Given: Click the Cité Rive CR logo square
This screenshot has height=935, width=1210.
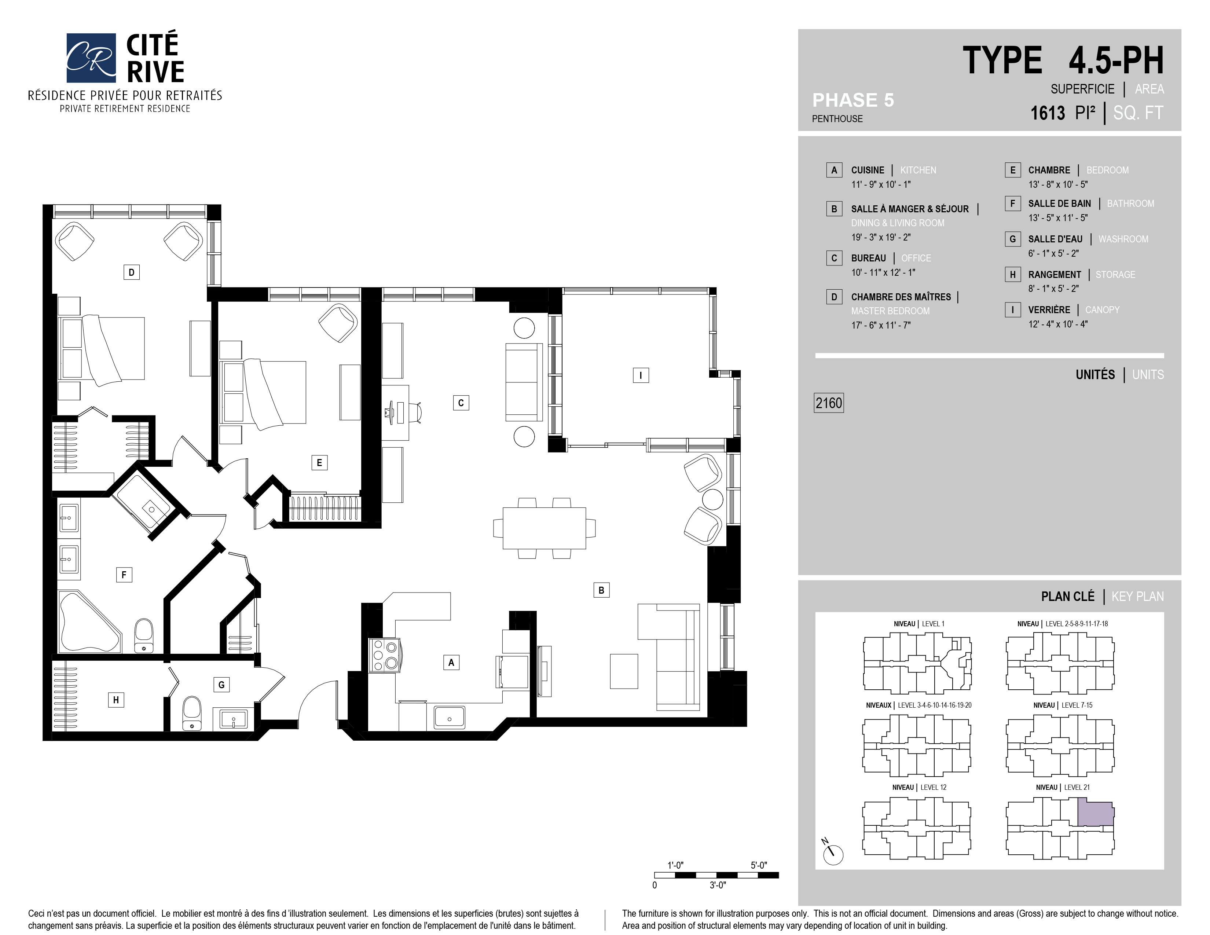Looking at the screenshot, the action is point(91,58).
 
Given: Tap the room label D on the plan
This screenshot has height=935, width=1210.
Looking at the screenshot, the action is point(131,272).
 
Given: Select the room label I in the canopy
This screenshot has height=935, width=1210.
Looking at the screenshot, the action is point(641,375).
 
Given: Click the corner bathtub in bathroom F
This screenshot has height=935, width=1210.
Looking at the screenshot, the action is point(89,621).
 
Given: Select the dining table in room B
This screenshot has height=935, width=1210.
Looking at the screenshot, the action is point(544,528).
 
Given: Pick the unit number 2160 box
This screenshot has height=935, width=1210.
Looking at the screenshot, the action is point(828,403).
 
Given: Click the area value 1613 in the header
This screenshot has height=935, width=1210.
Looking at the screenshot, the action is point(1047,113).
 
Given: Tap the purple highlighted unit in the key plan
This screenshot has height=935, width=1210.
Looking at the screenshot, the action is point(1095,814).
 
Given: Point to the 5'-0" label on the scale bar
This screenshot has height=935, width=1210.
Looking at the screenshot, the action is point(759,865).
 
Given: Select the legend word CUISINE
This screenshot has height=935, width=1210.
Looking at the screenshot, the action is point(868,170).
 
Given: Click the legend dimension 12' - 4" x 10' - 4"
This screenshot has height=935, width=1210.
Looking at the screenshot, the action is point(1057,324).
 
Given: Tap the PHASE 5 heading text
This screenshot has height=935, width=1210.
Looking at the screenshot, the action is point(852,100).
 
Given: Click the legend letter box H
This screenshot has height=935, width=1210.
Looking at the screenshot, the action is point(1012,274).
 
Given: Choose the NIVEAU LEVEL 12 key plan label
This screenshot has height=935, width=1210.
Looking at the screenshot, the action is point(919,787).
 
